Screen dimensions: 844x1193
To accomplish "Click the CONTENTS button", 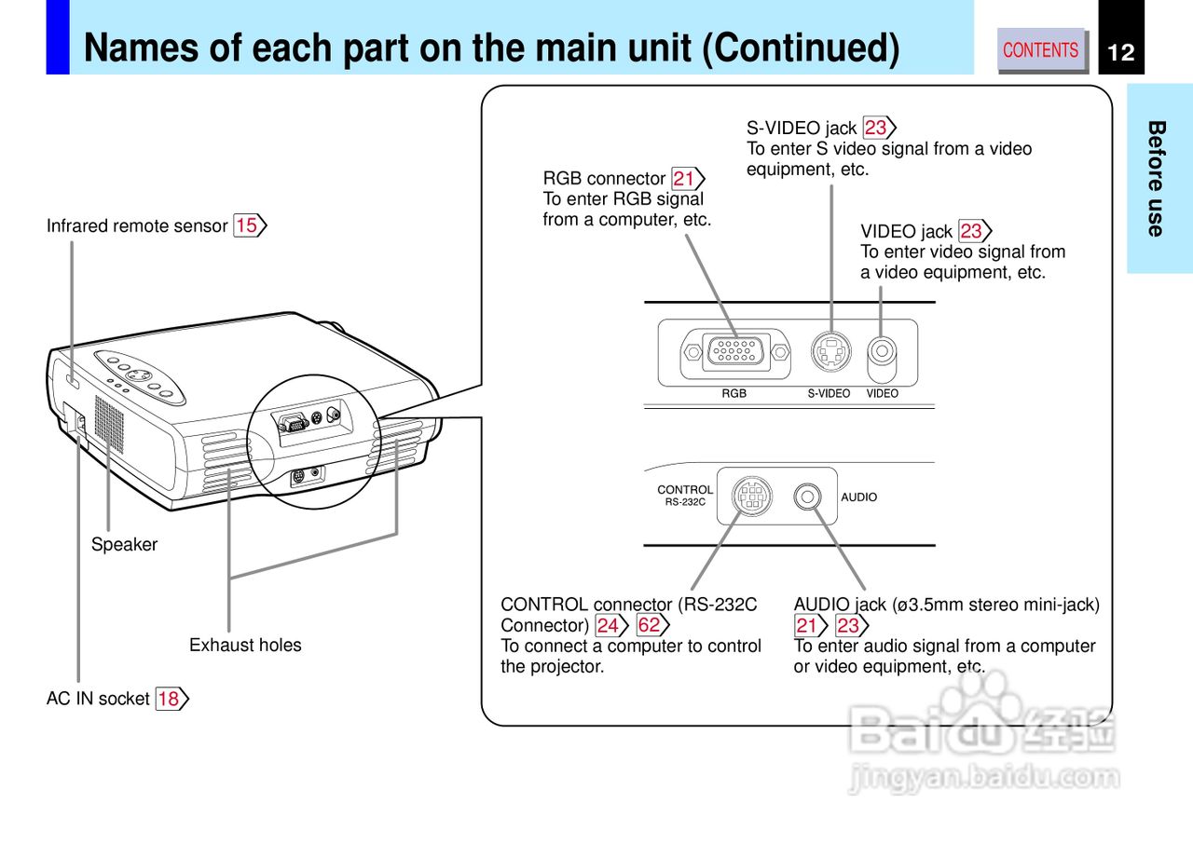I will point(1041,50).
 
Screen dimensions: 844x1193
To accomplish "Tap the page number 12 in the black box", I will point(1121,52).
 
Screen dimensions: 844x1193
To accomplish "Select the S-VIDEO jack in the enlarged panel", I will point(830,352).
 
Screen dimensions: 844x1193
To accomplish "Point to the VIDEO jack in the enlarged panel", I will point(882,351).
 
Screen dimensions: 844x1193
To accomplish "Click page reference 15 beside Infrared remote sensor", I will point(247,225).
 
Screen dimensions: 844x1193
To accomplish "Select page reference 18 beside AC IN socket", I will point(169,699).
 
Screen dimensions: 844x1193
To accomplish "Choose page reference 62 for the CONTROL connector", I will point(649,625).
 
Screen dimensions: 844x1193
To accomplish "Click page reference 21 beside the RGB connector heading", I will point(684,178).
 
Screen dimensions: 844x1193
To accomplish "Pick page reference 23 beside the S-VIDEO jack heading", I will point(876,128).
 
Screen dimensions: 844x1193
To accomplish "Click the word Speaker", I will point(124,545).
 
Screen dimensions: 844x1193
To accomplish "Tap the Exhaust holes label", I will point(245,645).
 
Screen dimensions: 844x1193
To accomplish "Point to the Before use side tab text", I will point(1157,178).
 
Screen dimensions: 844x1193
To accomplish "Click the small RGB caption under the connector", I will point(734,394).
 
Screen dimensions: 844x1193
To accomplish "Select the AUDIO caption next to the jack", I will point(858,497).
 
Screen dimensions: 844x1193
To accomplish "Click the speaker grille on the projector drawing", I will point(109,425).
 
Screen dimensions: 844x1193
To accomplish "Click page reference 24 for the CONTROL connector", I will point(608,625).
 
